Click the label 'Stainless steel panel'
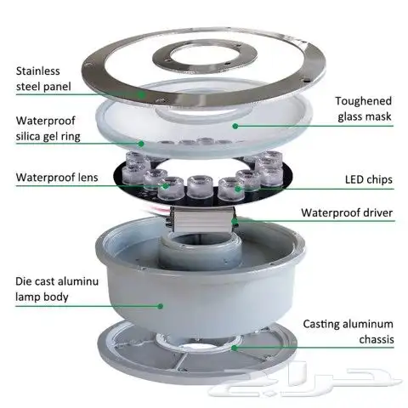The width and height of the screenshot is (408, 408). [43, 79]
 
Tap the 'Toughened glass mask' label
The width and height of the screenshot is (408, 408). [365, 109]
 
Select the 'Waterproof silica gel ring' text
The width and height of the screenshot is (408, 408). [48, 128]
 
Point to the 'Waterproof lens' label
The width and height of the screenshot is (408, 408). [57, 178]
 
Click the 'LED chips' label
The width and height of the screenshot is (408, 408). [369, 179]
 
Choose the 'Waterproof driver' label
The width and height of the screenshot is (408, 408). [347, 212]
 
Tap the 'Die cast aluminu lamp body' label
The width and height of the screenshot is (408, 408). [57, 289]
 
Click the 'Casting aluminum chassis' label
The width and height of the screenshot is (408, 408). [348, 331]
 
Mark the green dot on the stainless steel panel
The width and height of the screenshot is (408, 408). [141, 94]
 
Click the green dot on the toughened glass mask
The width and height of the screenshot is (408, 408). [235, 126]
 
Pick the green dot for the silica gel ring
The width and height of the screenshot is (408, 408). [141, 144]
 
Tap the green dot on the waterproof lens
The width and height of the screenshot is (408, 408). [166, 186]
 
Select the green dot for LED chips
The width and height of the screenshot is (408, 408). [238, 189]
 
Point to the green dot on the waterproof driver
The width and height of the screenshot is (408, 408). [235, 221]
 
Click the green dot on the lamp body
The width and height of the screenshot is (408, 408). [161, 306]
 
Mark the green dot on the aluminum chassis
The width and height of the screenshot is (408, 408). [234, 348]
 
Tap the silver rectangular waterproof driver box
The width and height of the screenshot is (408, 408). [203, 219]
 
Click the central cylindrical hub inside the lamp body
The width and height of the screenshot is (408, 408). [201, 249]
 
